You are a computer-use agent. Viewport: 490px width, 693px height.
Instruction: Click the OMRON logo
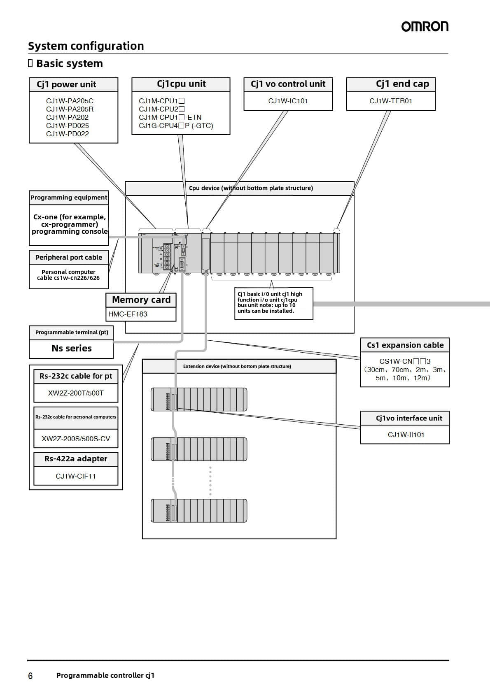pyautogui.click(x=425, y=27)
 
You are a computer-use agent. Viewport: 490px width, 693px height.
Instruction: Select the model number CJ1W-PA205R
pyautogui.click(x=70, y=109)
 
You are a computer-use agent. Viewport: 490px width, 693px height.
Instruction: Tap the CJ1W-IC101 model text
pyautogui.click(x=288, y=101)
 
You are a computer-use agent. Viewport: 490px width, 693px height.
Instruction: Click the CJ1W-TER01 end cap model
pyautogui.click(x=391, y=101)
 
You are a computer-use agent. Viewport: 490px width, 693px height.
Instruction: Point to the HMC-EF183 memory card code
pyautogui.click(x=128, y=314)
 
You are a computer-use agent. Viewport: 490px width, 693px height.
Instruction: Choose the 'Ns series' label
pyautogui.click(x=72, y=349)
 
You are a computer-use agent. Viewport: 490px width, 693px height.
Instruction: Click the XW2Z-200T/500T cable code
pyautogui.click(x=76, y=393)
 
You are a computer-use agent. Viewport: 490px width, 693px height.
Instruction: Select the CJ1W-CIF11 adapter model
pyautogui.click(x=76, y=476)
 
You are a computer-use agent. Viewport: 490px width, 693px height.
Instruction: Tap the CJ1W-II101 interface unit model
pyautogui.click(x=406, y=435)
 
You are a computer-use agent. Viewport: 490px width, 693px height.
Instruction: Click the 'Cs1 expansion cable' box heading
pyautogui.click(x=405, y=345)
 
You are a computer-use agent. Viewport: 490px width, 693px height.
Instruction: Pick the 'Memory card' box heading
pyautogui.click(x=141, y=300)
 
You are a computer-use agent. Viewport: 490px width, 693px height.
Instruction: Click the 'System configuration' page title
pyautogui.click(x=86, y=46)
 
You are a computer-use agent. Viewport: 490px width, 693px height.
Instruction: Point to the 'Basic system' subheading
pyautogui.click(x=70, y=63)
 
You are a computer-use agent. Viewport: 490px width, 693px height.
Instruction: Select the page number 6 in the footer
pyautogui.click(x=30, y=676)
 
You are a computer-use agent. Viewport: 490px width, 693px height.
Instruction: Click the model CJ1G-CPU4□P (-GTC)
pyautogui.click(x=176, y=126)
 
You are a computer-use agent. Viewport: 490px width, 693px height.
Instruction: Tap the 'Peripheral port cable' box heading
pyautogui.click(x=69, y=257)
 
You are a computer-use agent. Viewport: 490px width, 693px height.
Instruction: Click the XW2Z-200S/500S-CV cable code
pyautogui.click(x=76, y=439)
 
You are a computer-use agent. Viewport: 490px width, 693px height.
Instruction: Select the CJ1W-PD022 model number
pyautogui.click(x=68, y=134)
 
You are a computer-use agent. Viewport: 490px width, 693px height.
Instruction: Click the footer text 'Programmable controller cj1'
pyautogui.click(x=105, y=675)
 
